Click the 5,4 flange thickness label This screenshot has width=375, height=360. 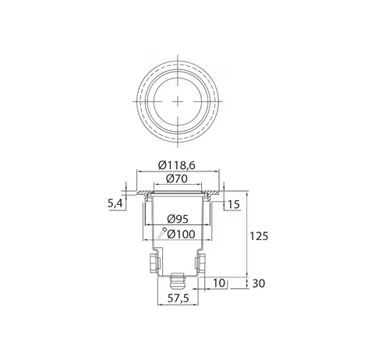(x=115, y=204)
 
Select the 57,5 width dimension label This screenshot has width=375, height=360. (x=180, y=300)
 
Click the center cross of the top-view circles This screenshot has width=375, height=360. (x=180, y=101)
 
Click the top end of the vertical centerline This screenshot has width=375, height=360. (x=180, y=55)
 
